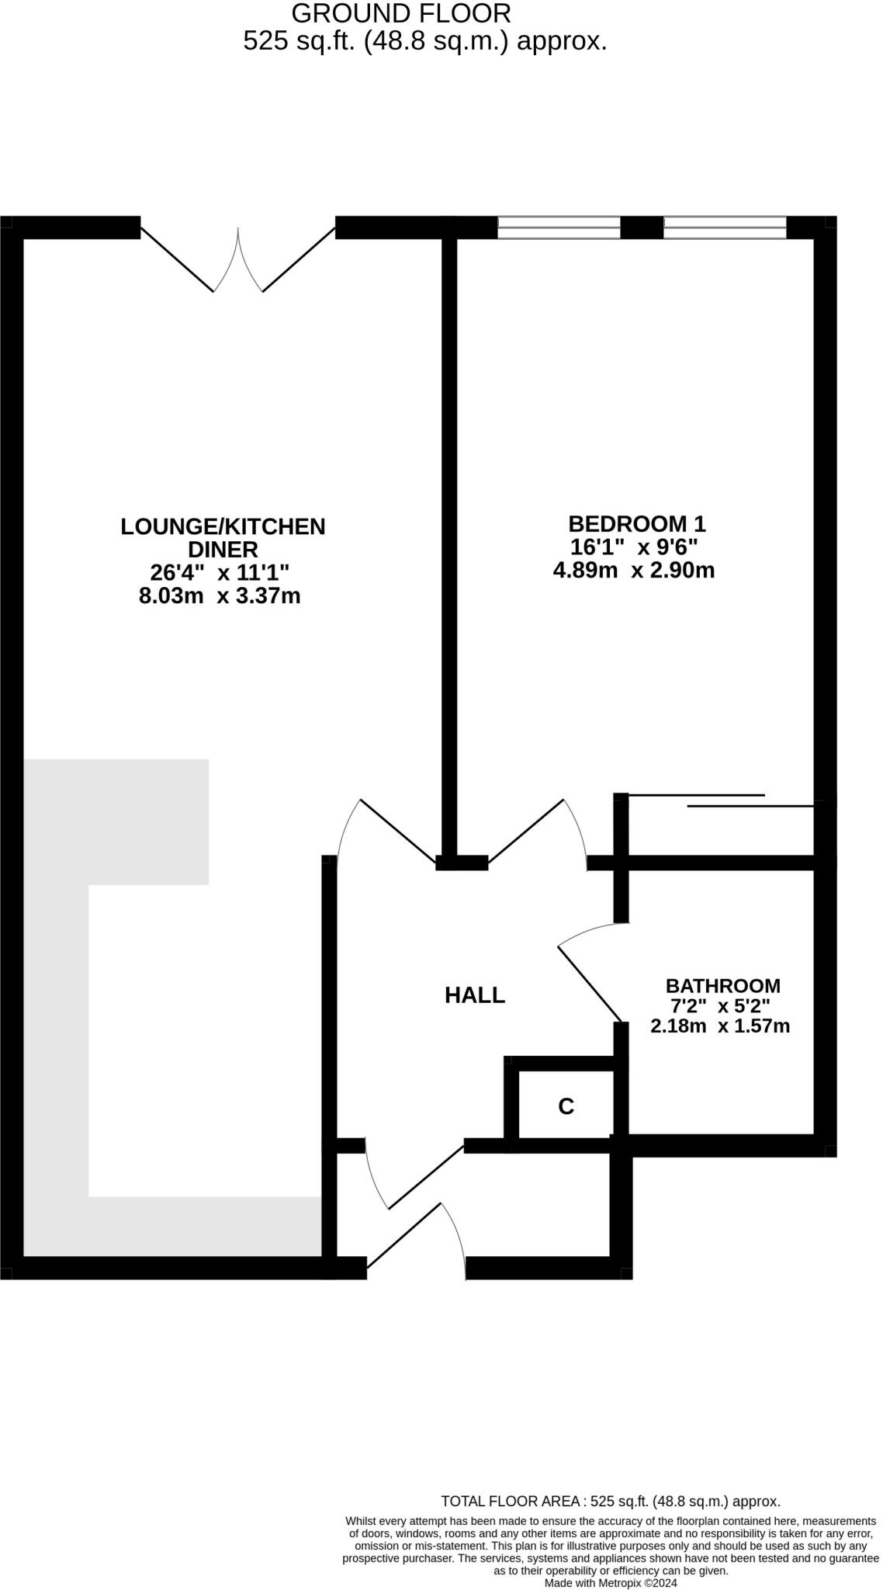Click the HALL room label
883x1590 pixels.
pyautogui.click(x=474, y=995)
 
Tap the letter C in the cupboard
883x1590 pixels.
pyautogui.click(x=566, y=1106)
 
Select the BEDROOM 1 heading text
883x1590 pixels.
pyautogui.click(x=637, y=524)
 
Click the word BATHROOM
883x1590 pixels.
pyautogui.click(x=722, y=986)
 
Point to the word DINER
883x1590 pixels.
pyautogui.click(x=223, y=550)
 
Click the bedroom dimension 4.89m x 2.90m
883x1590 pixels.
pyautogui.click(x=633, y=571)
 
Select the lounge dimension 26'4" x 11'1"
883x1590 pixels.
pyautogui.click(x=220, y=573)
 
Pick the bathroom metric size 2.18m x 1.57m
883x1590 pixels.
pyautogui.click(x=720, y=1026)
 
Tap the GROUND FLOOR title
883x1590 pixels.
pyautogui.click(x=401, y=13)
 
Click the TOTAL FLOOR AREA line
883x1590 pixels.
pyautogui.click(x=610, y=1501)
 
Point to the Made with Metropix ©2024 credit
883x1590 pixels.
pyautogui.click(x=611, y=1583)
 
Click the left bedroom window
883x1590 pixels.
pyautogui.click(x=559, y=227)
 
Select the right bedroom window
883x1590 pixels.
pyautogui.click(x=725, y=227)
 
